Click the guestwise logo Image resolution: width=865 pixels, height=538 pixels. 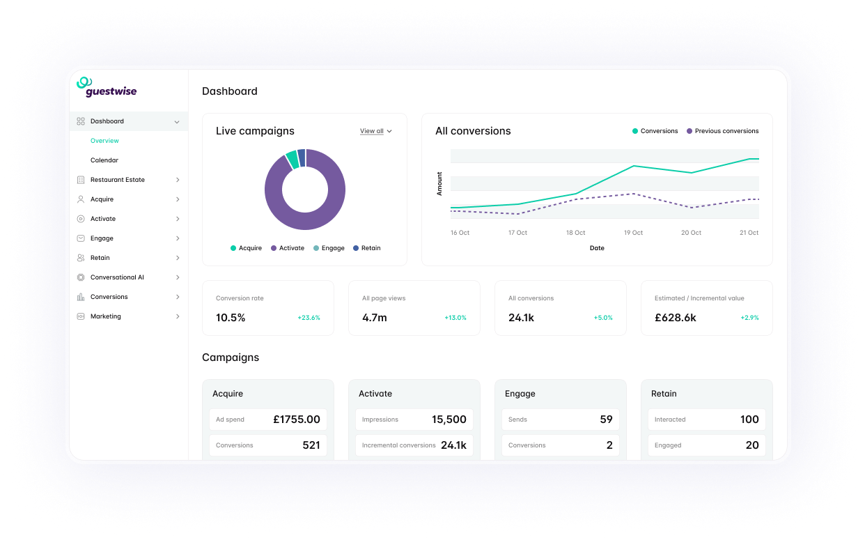[107, 87]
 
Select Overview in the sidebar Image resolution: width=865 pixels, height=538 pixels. [104, 141]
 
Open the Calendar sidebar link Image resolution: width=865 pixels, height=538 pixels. [104, 160]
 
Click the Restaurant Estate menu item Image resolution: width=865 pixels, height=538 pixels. [118, 180]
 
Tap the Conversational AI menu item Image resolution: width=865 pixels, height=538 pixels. [117, 277]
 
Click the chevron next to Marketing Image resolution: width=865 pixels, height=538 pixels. [178, 316]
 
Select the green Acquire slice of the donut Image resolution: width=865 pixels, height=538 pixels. [293, 160]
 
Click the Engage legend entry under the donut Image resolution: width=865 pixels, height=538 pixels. [329, 248]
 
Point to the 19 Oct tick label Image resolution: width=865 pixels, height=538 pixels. [633, 233]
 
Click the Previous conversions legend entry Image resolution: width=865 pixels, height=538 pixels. [722, 131]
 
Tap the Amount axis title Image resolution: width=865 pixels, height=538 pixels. [439, 183]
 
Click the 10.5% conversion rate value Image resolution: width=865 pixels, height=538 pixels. [231, 318]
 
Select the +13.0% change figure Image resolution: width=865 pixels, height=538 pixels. [455, 318]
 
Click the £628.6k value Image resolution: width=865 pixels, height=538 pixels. [676, 318]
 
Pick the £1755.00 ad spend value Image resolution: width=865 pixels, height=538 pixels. [297, 420]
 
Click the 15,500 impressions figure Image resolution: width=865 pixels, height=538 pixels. [449, 420]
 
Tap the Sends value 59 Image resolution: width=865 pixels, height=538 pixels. [607, 420]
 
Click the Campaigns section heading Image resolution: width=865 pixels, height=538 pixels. [231, 358]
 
